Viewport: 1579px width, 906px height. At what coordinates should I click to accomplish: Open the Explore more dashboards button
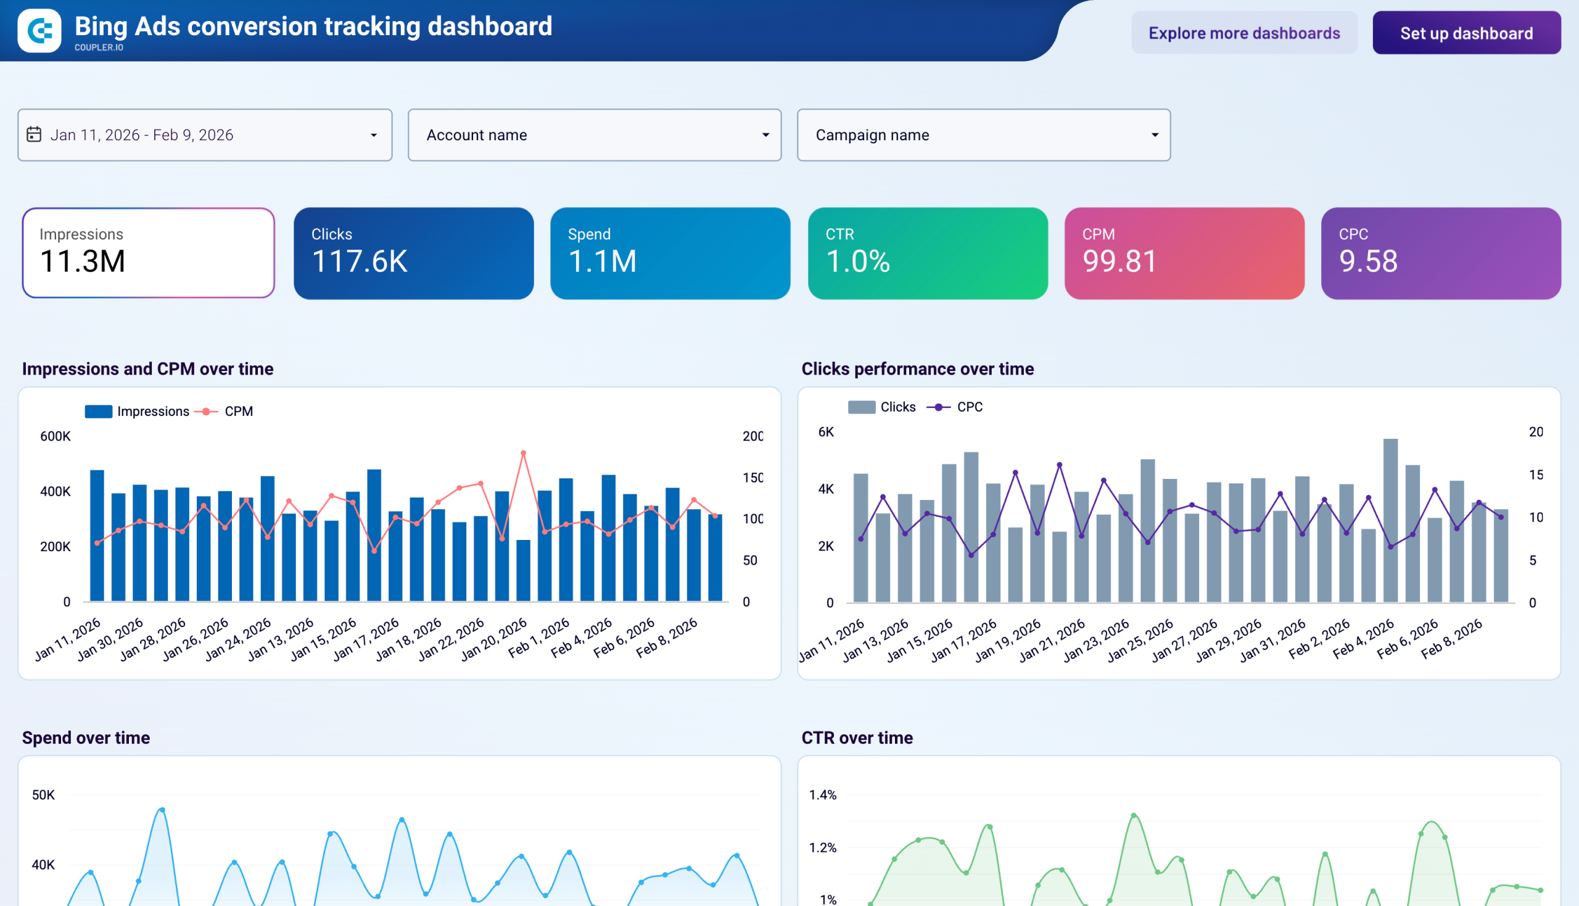point(1243,33)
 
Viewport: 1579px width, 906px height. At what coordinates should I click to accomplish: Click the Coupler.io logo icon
point(39,30)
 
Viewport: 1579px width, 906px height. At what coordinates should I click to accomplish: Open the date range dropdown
point(205,135)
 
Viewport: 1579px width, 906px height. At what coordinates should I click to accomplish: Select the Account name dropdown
point(594,135)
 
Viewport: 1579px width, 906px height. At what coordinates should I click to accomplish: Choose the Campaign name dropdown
point(983,135)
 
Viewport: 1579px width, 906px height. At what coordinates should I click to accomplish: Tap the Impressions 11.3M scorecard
point(148,252)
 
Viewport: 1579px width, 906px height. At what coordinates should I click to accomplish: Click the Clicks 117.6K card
point(414,252)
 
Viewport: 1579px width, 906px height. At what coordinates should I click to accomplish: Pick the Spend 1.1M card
point(670,252)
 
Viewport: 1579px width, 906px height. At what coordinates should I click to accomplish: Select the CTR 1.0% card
point(927,252)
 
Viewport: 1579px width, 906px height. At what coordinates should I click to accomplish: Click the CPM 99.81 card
point(1184,252)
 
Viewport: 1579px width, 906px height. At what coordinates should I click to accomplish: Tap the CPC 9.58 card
point(1440,252)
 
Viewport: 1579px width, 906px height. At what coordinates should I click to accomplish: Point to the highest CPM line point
point(523,453)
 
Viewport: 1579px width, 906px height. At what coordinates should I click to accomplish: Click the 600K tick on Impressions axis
point(56,436)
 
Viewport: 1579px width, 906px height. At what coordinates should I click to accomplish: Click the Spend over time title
point(86,738)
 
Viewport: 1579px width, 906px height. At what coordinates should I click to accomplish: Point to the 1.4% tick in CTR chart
point(822,795)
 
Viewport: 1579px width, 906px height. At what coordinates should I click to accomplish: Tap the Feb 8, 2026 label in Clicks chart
point(1452,639)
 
